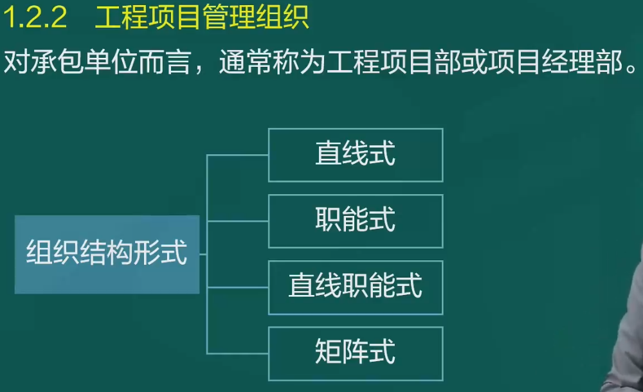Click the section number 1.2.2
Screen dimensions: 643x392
point(35,17)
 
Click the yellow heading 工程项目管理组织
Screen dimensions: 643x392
point(202,17)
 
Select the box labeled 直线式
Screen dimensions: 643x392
point(356,155)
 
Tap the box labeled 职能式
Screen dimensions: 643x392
point(356,222)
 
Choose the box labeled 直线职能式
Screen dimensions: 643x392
point(356,287)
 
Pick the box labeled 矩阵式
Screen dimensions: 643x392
point(356,353)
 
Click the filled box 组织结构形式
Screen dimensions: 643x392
point(107,254)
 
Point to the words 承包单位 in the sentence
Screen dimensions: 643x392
point(84,62)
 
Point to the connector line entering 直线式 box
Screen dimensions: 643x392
point(237,155)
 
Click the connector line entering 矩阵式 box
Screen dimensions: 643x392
point(237,353)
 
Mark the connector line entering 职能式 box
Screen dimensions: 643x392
point(237,222)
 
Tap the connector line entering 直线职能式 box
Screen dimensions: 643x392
point(237,287)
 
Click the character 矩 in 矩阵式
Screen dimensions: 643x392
point(328,352)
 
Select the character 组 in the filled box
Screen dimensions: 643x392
point(39,252)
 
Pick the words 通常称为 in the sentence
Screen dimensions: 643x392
point(272,62)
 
